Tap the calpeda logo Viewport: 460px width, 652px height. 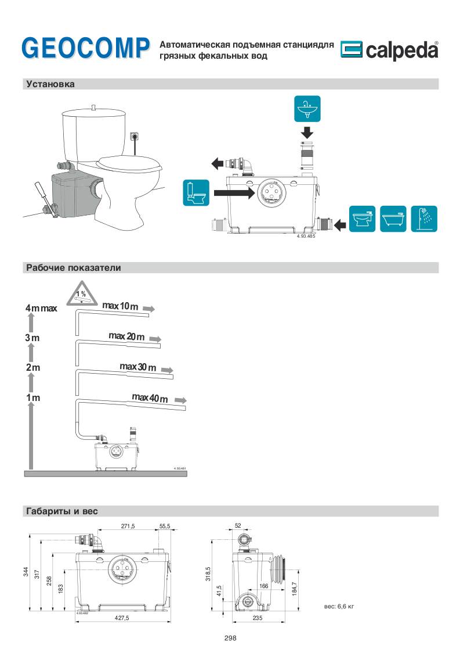click(389, 51)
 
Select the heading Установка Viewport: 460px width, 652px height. click(50, 84)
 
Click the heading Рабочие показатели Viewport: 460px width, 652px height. click(73, 268)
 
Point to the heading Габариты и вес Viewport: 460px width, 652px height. click(62, 511)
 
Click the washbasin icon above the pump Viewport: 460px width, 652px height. click(307, 108)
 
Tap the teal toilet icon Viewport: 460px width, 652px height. click(196, 193)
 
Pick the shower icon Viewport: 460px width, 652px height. click(425, 219)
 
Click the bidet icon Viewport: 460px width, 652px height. click(363, 219)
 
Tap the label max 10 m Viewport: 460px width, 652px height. click(120, 306)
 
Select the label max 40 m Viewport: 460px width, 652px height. click(150, 398)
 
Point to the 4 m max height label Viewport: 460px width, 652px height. click(41, 308)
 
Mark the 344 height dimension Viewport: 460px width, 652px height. click(26, 572)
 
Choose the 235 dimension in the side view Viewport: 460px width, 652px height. click(258, 619)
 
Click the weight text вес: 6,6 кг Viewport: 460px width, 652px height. click(339, 606)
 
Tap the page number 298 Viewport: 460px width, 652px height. click(230, 637)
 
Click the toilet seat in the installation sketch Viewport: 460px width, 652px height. click(129, 161)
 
